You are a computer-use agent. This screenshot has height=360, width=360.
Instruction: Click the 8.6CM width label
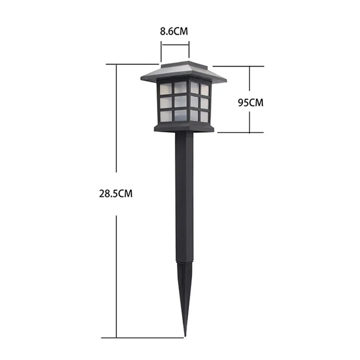pos(174,31)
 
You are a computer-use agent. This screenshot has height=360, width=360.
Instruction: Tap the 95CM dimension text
pos(250,103)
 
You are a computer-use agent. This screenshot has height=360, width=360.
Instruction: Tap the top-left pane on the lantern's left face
pos(165,87)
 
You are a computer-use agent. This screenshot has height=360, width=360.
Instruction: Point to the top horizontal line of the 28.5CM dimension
pos(132,64)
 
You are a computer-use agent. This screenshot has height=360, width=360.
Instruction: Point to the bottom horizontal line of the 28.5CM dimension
pos(143,338)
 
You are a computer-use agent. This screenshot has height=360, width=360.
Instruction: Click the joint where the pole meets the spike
pos(184,263)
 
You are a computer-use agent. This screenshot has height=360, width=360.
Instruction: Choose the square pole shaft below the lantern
pos(184,196)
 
